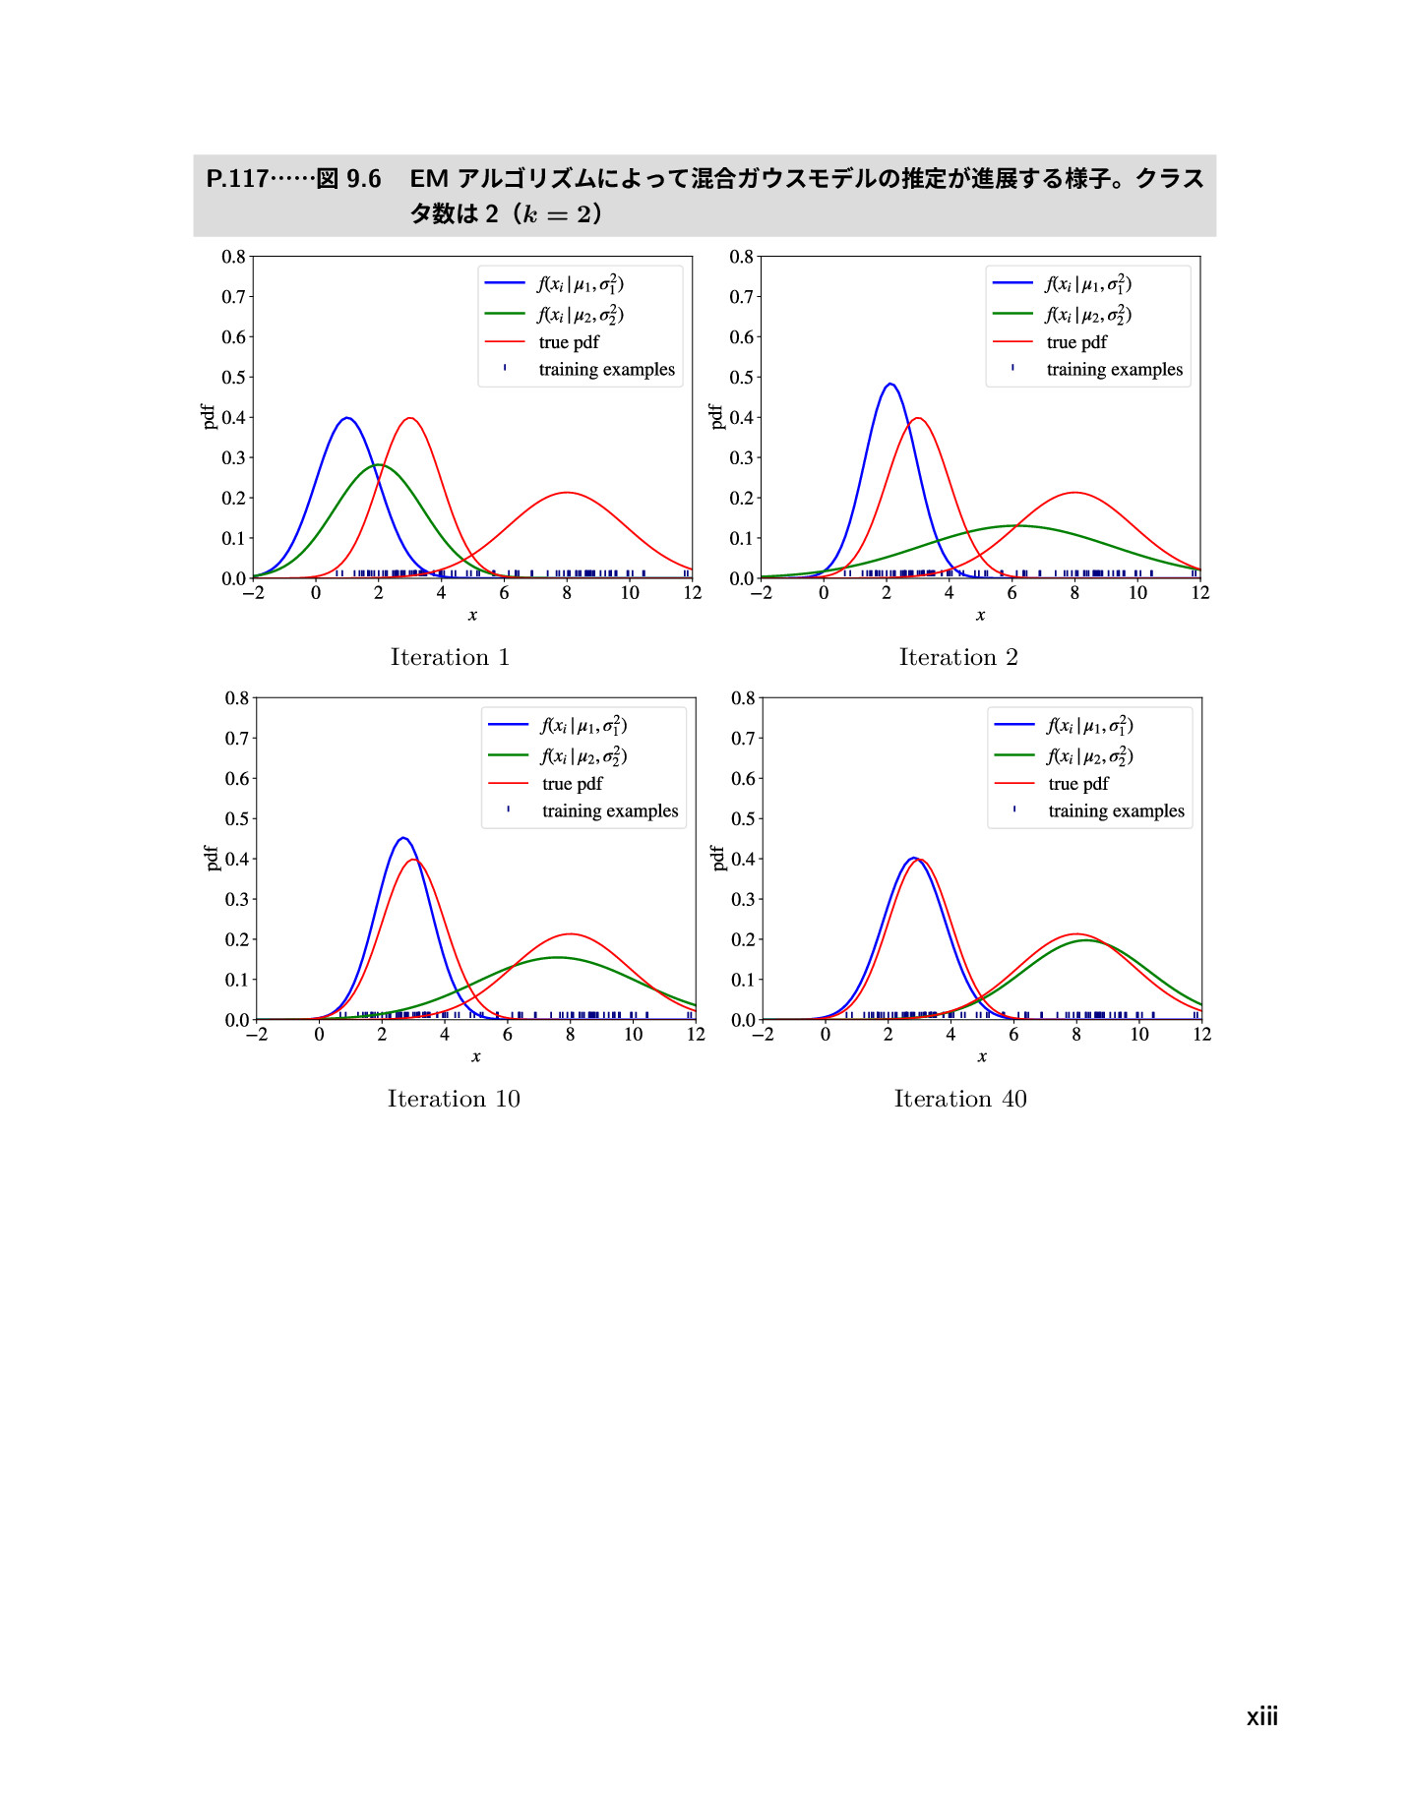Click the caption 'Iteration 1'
pos(450,657)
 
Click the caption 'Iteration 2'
pos(957,657)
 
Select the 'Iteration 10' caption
pos(454,1099)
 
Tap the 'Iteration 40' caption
pos(959,1099)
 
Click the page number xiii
pos(1261,1717)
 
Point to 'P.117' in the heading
pos(237,179)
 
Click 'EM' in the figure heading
pos(429,179)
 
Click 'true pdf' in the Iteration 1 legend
pos(569,342)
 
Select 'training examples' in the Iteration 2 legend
pos(1114,370)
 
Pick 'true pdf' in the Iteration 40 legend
pos(1077,784)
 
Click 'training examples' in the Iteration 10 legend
pos(610,811)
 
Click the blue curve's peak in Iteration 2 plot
pos(889,384)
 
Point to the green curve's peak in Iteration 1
pos(378,465)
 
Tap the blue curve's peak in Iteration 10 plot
pos(402,838)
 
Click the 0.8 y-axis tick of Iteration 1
pos(233,257)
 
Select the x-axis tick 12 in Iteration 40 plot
pos(1201,1035)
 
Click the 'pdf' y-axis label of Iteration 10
pos(211,858)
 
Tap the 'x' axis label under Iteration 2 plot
pos(980,616)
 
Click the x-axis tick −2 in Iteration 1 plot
pos(253,593)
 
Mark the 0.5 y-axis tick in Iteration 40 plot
pos(743,818)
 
